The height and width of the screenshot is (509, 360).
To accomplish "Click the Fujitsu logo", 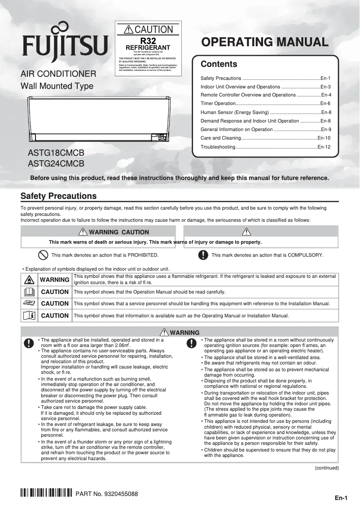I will coord(66,45).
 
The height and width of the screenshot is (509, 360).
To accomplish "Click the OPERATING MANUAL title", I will coord(265,42).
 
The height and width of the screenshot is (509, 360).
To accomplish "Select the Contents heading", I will coord(219,64).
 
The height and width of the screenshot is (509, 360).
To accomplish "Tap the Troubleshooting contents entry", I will coord(218,147).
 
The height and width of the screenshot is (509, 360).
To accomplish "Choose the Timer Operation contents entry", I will coord(218,104).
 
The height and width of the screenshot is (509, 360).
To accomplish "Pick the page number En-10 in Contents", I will coord(324,138).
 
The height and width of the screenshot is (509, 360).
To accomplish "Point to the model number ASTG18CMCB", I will coord(56,154).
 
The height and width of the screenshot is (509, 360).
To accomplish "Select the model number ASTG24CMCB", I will coord(56,164).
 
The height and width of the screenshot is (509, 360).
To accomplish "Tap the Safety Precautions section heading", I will coord(58,196).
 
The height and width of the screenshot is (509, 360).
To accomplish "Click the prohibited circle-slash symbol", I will coord(43,255).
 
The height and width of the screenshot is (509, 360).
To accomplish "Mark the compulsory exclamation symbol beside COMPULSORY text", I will coord(203,255).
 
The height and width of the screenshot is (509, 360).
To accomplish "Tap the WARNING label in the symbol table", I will coord(54,280).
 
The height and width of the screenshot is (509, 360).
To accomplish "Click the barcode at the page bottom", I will coord(46,494).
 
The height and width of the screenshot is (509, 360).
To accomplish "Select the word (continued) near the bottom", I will coord(326,468).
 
